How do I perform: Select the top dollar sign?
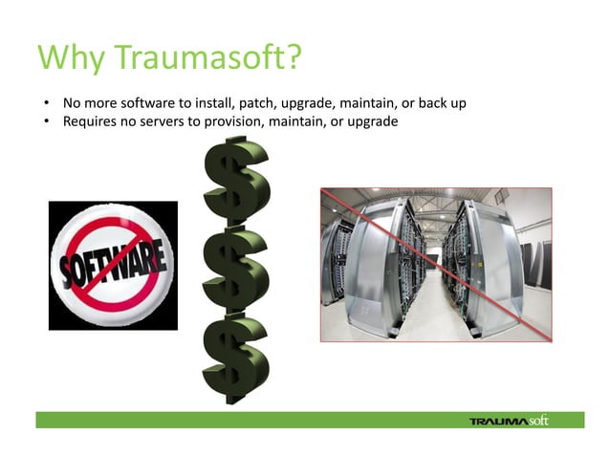[x=236, y=181]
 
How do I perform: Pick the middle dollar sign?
[x=236, y=266]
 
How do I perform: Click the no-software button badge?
[x=113, y=265]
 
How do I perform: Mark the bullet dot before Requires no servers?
[x=44, y=121]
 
